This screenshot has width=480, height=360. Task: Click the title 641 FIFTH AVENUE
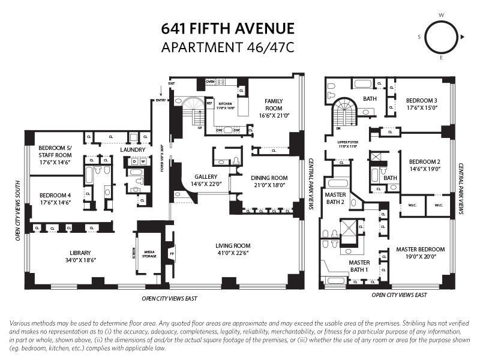coord(227,28)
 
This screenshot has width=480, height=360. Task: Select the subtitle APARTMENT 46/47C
coord(227,47)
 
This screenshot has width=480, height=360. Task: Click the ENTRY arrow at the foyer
coord(160,92)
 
